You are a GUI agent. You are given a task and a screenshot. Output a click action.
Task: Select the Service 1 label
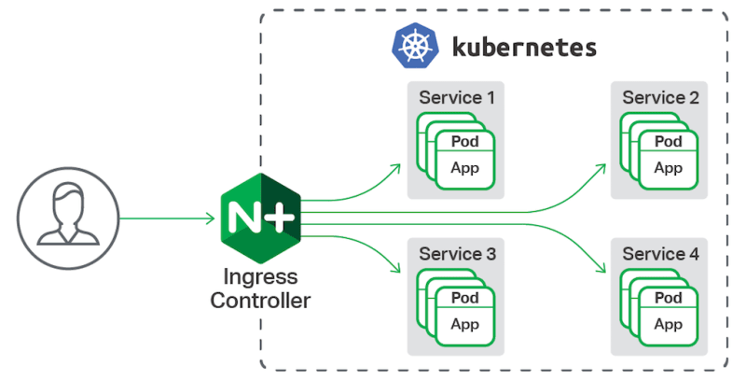pos(457,97)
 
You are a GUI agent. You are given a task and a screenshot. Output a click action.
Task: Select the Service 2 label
pos(660,97)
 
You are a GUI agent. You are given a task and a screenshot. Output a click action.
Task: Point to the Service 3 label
pos(457,254)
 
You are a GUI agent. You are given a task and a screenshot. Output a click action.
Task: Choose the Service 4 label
pos(660,254)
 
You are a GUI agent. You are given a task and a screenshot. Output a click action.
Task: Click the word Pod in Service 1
pos(464,142)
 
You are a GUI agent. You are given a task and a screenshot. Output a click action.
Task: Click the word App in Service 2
pos(668,168)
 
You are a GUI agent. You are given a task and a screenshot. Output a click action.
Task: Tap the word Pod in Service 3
pos(464,298)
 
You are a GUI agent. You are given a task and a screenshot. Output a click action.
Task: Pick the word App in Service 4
pos(668,325)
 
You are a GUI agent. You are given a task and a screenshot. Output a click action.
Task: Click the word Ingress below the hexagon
pos(260,278)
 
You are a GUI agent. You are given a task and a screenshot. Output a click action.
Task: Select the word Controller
pos(260,301)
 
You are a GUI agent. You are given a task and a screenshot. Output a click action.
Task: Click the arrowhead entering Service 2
pos(601,168)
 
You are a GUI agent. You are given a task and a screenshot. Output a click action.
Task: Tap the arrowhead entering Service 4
pos(601,272)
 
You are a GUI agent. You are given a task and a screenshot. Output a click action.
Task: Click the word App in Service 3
pos(464,325)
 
